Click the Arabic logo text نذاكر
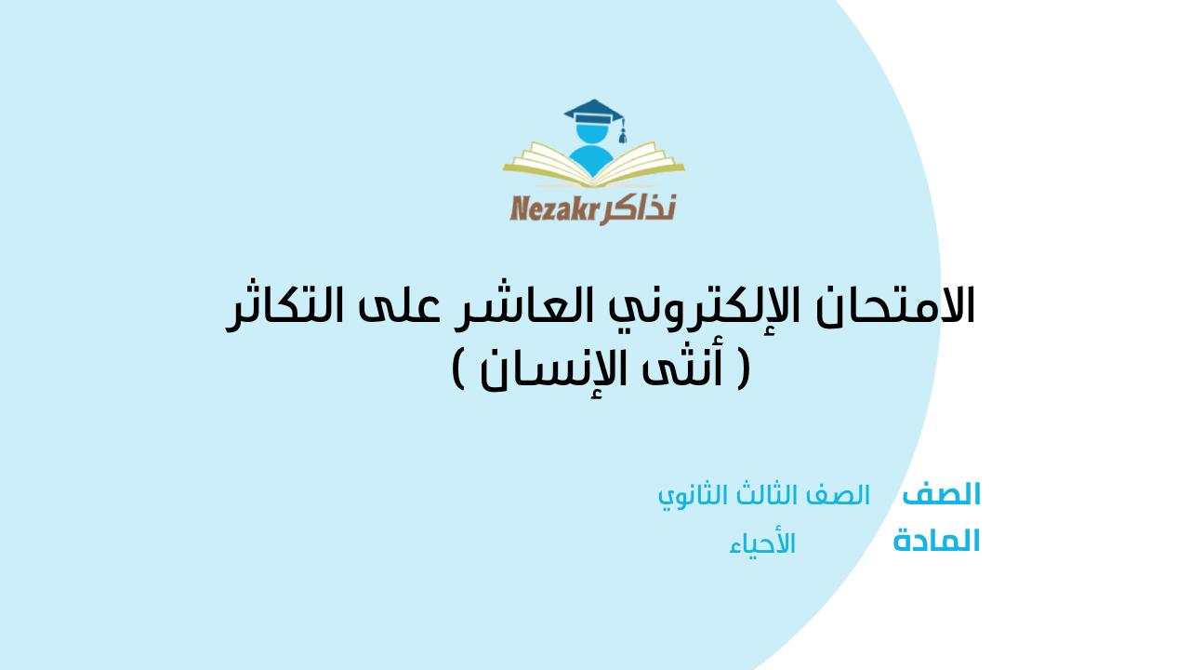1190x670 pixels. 639,208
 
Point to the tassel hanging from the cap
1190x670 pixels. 622,133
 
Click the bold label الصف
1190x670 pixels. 942,494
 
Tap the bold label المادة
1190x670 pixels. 936,541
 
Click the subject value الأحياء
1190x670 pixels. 762,544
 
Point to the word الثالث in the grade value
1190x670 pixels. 755,495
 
